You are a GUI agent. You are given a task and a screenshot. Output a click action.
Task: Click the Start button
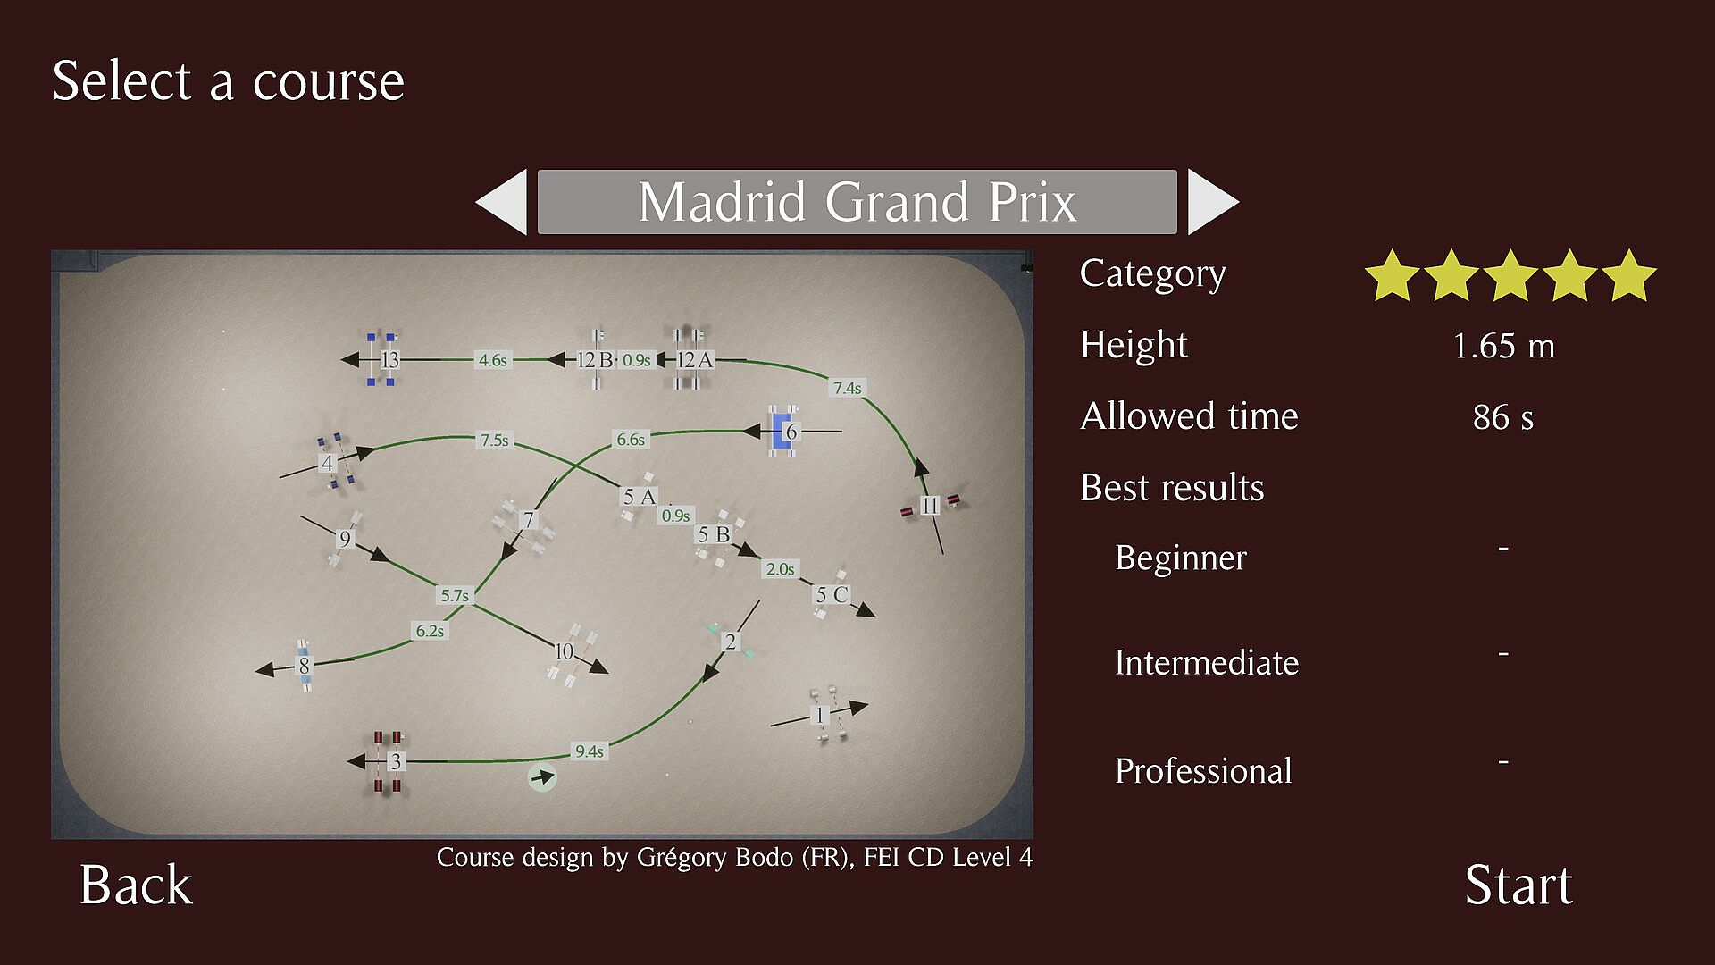pyautogui.click(x=1518, y=885)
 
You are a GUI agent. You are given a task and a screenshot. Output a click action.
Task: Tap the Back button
pyautogui.click(x=136, y=885)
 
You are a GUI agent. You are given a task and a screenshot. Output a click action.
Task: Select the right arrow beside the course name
pyautogui.click(x=1213, y=202)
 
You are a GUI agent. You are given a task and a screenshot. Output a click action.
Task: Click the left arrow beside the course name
pyautogui.click(x=501, y=202)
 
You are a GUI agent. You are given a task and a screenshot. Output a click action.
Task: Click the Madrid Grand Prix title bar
pyautogui.click(x=857, y=202)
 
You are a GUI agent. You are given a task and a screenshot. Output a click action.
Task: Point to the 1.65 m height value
pyautogui.click(x=1503, y=346)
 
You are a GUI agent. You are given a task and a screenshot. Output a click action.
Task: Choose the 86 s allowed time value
pyautogui.click(x=1502, y=417)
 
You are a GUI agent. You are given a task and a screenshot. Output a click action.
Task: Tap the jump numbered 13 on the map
pyautogui.click(x=382, y=359)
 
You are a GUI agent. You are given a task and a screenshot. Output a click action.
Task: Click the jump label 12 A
pyautogui.click(x=694, y=359)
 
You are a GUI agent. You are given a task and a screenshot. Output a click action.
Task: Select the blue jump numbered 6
pyautogui.click(x=784, y=432)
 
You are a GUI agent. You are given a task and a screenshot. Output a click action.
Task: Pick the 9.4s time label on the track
pyautogui.click(x=590, y=751)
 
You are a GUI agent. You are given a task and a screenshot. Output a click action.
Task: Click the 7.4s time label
pyautogui.click(x=848, y=388)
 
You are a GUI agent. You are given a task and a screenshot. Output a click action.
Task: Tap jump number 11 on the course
pyautogui.click(x=930, y=506)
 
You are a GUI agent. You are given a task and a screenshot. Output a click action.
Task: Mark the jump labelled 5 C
pyautogui.click(x=831, y=594)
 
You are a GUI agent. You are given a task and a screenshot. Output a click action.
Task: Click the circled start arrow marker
pyautogui.click(x=542, y=777)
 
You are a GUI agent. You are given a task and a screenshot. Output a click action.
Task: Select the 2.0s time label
pyautogui.click(x=780, y=569)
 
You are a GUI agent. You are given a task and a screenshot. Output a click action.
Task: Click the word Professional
pyautogui.click(x=1203, y=771)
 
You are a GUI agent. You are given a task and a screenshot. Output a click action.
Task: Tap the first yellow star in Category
pyautogui.click(x=1393, y=275)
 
